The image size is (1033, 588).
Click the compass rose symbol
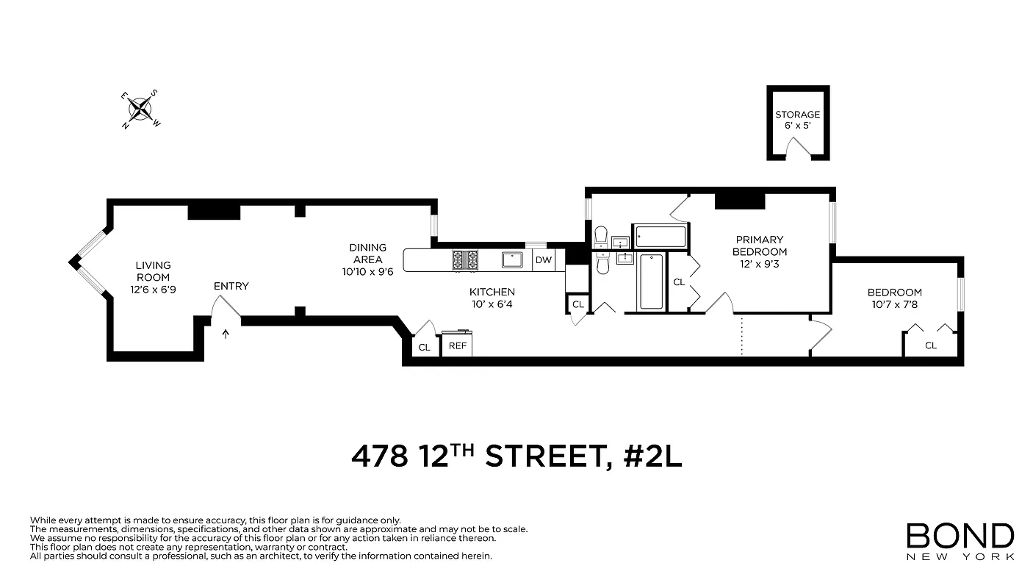pyautogui.click(x=140, y=110)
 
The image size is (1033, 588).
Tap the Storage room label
pyautogui.click(x=797, y=115)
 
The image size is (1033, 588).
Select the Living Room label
pyautogui.click(x=153, y=265)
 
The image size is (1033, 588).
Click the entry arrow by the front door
pyautogui.click(x=225, y=334)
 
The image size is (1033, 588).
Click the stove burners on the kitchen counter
pyautogui.click(x=464, y=259)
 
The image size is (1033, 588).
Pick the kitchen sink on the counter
pyautogui.click(x=511, y=259)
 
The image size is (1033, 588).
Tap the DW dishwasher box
pyautogui.click(x=544, y=260)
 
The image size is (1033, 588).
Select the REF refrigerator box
pyautogui.click(x=457, y=345)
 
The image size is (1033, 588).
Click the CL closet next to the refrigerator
pyautogui.click(x=424, y=347)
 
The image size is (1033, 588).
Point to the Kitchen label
pyautogui.click(x=492, y=292)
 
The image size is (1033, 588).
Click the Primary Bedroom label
pyautogui.click(x=759, y=245)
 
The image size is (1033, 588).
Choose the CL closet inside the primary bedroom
pyautogui.click(x=679, y=282)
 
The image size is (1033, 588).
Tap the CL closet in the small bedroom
pyautogui.click(x=930, y=345)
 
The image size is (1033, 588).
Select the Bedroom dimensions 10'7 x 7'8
pyautogui.click(x=894, y=304)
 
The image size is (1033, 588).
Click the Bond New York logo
pyautogui.click(x=960, y=541)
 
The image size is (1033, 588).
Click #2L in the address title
pyautogui.click(x=652, y=456)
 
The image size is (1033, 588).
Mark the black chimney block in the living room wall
pyautogui.click(x=214, y=211)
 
